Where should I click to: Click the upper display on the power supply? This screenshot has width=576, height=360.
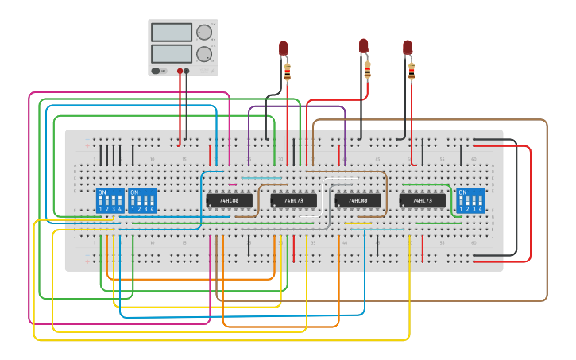tap(172, 33)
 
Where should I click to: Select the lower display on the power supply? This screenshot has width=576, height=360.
tap(172, 53)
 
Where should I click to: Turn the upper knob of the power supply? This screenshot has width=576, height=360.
tap(204, 33)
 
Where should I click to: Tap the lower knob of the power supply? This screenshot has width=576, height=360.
tap(204, 54)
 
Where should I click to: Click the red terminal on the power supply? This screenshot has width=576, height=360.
tap(180, 71)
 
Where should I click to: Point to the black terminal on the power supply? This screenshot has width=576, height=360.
tap(187, 71)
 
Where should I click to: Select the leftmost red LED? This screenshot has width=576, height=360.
tap(284, 48)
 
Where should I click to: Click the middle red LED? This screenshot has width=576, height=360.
tap(364, 45)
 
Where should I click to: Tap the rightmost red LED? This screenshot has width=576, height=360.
tap(408, 47)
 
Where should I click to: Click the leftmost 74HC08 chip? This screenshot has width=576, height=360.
tap(229, 201)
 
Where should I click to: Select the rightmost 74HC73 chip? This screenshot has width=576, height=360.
tap(422, 201)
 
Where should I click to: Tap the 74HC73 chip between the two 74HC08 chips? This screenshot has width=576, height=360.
tap(293, 201)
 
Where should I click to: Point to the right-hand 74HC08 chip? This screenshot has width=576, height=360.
tap(358, 201)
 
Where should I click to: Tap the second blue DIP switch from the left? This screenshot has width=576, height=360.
tap(142, 200)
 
